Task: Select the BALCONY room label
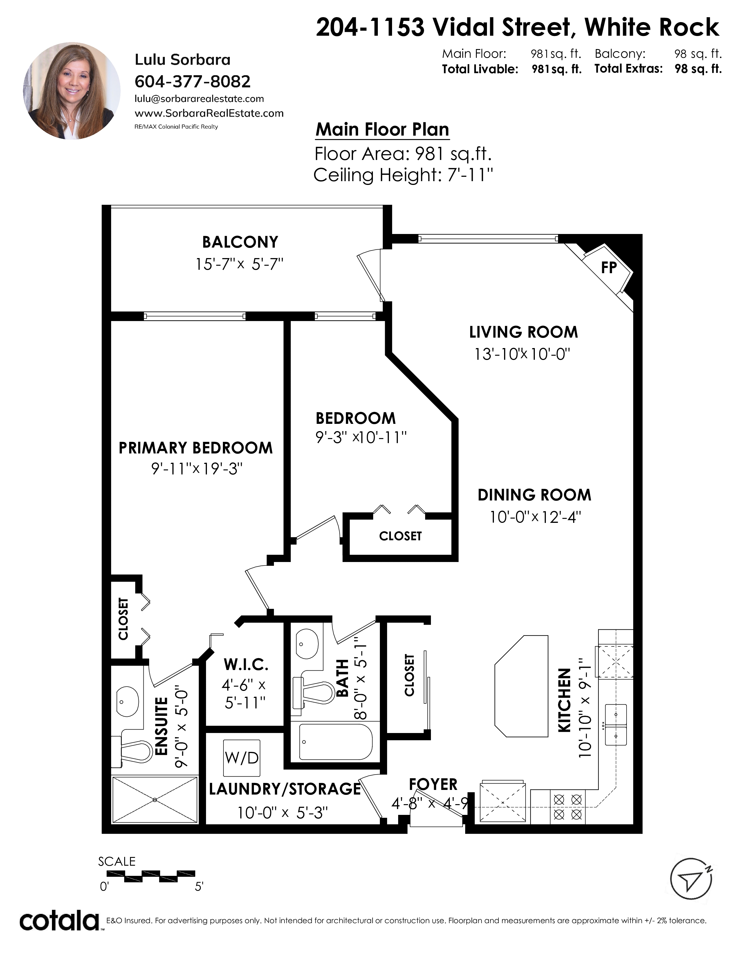point(240,242)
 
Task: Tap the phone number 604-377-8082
point(192,82)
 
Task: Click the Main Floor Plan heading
point(382,129)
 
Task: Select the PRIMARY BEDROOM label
point(196,448)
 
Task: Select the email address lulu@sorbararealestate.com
point(199,99)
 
